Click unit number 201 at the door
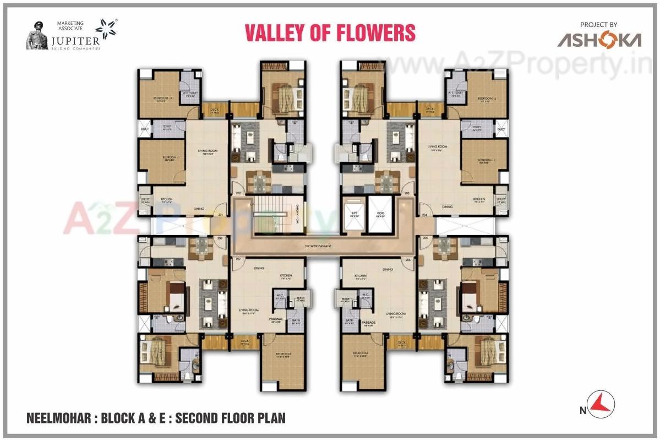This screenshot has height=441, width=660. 221,214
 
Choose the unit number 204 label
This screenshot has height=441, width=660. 424,214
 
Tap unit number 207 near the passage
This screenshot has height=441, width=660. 239,259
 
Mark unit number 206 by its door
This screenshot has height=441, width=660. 408,259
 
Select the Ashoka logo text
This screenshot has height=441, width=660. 599,40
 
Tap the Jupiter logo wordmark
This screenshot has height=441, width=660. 80,41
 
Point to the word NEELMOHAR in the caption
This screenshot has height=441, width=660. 58,418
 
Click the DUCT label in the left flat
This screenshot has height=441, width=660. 145,129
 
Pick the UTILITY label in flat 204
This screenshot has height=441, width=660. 501,200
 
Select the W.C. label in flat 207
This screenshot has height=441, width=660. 280,295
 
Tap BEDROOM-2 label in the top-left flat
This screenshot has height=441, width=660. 163,99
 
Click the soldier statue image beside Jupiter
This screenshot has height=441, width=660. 37,36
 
